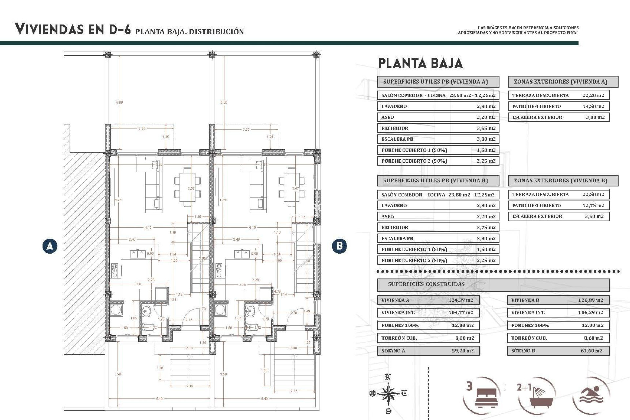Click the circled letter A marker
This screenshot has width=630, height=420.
pos(50,246)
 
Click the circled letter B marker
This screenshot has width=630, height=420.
pos(339,246)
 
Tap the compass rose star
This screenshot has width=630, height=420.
pos(388,393)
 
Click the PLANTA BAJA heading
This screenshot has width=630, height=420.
pos(420,63)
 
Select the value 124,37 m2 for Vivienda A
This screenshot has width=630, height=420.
pos(461,300)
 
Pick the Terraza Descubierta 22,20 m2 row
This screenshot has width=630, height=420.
pos(558,95)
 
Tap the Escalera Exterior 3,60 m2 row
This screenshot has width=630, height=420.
pos(558,216)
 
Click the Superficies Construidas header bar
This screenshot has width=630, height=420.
pos(493,284)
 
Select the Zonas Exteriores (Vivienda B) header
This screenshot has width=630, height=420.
pos(563,180)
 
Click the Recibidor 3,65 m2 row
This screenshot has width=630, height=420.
pos(438,128)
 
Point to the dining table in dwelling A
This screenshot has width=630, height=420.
pos(187,187)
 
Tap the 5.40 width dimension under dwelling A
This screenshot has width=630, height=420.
pos(159,399)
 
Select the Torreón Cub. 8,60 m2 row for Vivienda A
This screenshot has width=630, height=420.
pos(428,338)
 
